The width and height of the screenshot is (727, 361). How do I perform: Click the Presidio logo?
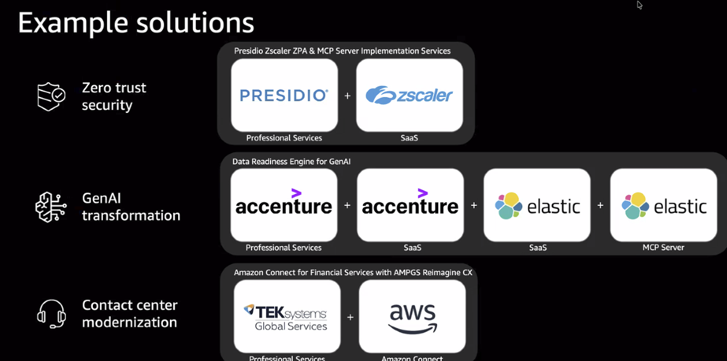[x=284, y=95]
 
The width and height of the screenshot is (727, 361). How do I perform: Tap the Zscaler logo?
[x=409, y=95]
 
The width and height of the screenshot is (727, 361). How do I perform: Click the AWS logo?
[x=412, y=318]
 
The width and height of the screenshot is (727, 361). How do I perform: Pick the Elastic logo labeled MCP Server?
[x=664, y=205]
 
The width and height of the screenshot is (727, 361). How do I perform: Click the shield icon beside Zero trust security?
[x=51, y=96]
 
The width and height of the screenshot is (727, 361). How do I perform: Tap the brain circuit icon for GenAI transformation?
[x=51, y=207]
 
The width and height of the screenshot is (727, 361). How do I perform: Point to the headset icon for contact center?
[x=51, y=314]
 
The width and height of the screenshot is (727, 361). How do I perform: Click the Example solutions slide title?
[x=136, y=22]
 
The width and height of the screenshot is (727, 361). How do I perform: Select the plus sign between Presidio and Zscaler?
[x=348, y=95]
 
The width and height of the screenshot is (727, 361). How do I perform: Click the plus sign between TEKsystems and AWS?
[x=350, y=317]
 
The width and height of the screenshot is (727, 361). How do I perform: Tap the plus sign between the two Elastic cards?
[x=600, y=205]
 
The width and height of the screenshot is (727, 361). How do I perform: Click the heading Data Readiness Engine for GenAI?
[x=291, y=161]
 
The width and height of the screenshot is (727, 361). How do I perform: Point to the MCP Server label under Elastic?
[x=663, y=247]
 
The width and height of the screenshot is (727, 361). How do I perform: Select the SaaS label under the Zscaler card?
[x=409, y=138]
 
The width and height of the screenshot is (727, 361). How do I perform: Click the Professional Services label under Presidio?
[x=284, y=138]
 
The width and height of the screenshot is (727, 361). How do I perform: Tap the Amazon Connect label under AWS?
[x=412, y=358]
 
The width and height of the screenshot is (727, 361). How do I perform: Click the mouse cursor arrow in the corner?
[x=639, y=5]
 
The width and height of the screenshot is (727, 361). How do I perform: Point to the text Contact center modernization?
[x=130, y=314]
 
